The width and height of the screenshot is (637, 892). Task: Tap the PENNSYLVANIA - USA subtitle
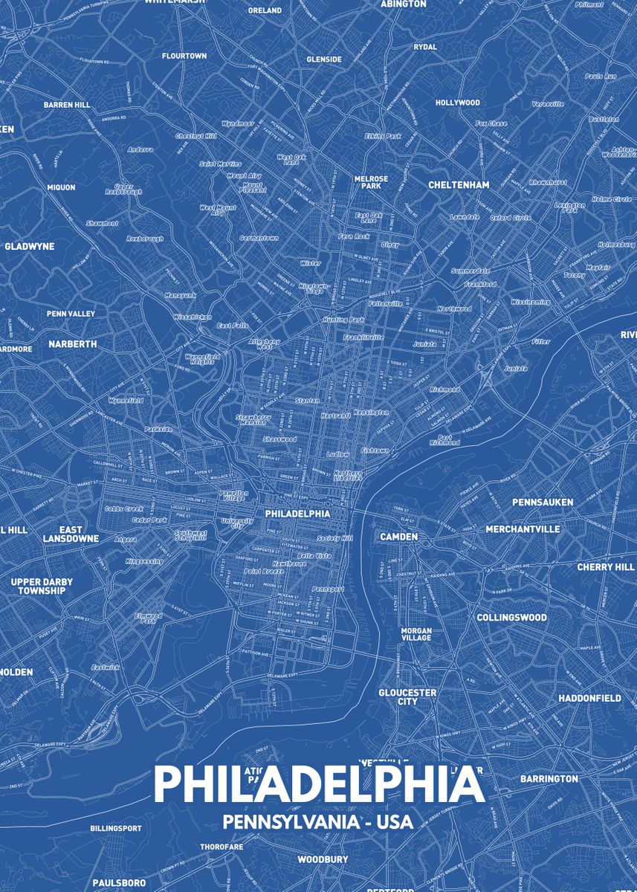pyautogui.click(x=317, y=822)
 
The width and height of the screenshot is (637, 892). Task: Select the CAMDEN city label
pyautogui.click(x=399, y=536)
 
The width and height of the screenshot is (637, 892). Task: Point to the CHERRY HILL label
pyautogui.click(x=606, y=566)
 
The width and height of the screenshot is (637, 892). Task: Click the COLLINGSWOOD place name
pyautogui.click(x=511, y=617)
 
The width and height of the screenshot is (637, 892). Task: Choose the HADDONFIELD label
pyautogui.click(x=589, y=698)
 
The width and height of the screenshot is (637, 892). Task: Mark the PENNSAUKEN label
pyautogui.click(x=543, y=502)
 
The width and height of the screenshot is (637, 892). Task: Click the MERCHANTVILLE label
pyautogui.click(x=523, y=529)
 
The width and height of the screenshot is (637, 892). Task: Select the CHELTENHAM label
pyautogui.click(x=459, y=184)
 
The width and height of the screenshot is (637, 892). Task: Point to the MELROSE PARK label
pyautogui.click(x=371, y=182)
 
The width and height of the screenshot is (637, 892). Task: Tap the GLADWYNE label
pyautogui.click(x=30, y=246)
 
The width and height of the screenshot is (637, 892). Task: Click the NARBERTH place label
pyautogui.click(x=73, y=344)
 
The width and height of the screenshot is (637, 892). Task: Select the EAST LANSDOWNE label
pyautogui.click(x=71, y=534)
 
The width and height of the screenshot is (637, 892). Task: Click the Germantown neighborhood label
pyautogui.click(x=258, y=238)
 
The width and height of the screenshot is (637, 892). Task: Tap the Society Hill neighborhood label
pyautogui.click(x=334, y=537)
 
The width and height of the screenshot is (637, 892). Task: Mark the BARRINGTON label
pyautogui.click(x=549, y=778)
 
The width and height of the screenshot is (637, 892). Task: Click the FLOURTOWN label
pyautogui.click(x=184, y=56)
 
